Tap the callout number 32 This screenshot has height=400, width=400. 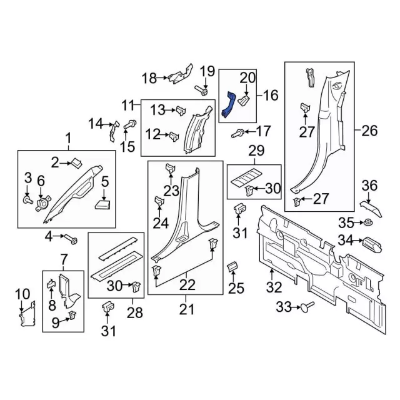274,287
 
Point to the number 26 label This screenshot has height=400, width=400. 369,132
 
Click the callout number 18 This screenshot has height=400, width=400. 149,78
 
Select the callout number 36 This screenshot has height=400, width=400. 370,185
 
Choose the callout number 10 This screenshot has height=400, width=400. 22,294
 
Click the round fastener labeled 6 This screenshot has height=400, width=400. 44,201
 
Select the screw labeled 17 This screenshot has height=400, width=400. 239,132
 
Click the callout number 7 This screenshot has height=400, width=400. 64,259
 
